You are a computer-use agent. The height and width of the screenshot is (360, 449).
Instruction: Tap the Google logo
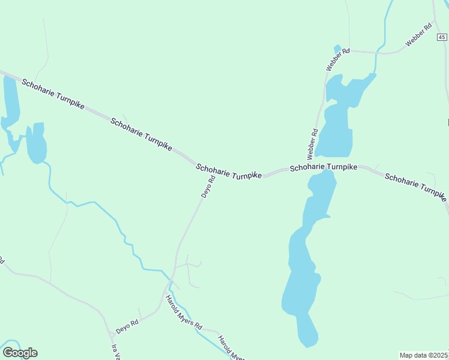[20, 353]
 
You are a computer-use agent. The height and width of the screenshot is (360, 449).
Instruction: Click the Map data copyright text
[424, 355]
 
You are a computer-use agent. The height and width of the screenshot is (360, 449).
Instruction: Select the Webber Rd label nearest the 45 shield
[419, 35]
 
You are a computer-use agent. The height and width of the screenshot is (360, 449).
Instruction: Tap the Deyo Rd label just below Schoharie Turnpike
[208, 187]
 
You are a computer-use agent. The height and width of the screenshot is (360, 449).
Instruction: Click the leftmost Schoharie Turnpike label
[53, 93]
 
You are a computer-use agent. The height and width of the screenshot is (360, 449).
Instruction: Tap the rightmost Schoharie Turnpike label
[415, 187]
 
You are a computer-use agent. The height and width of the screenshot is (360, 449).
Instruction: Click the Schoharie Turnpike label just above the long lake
[324, 167]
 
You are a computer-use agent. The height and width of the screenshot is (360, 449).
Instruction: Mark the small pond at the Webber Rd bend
[337, 49]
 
